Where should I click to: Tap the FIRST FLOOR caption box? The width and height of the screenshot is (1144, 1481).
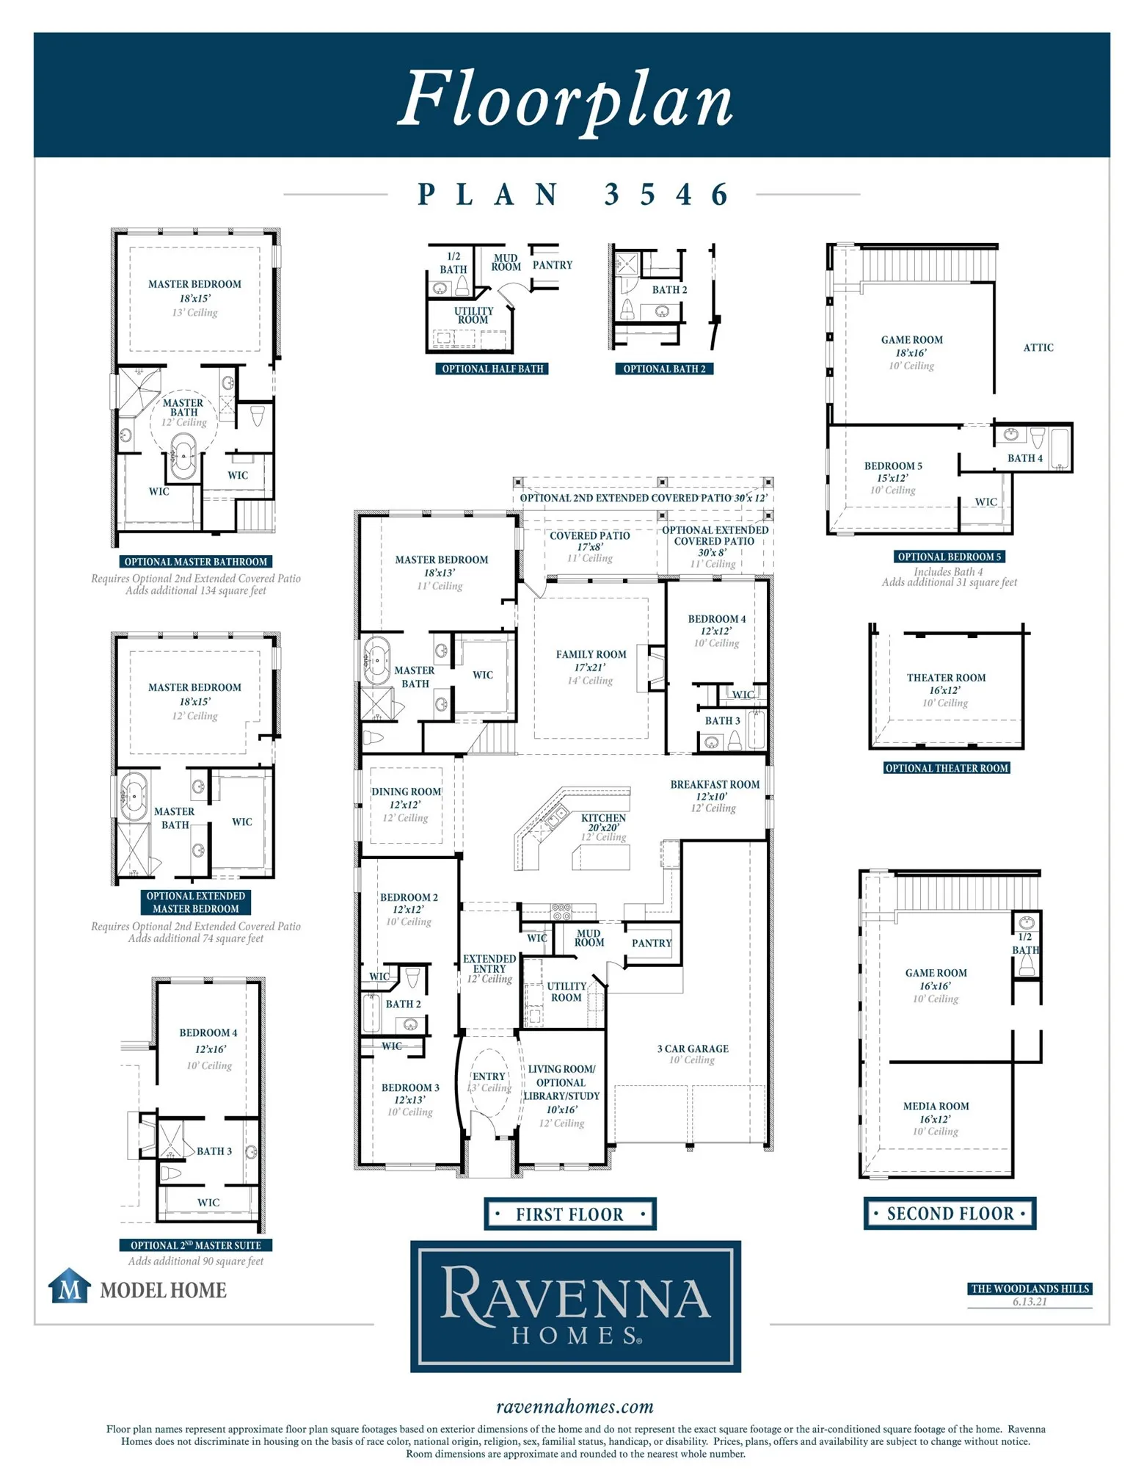pos(569,1213)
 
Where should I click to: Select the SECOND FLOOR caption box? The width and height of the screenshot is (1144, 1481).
pos(950,1212)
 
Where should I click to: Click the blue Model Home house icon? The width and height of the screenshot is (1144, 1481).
pos(70,1286)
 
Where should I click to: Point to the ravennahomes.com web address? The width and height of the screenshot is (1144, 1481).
pos(575,1406)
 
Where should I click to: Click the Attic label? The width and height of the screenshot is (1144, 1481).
pos(1038,347)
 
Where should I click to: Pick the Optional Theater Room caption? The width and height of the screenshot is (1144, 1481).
pos(947,768)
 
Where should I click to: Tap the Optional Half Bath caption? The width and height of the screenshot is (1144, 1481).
pos(492,369)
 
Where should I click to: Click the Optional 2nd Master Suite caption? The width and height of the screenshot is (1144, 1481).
pos(196,1245)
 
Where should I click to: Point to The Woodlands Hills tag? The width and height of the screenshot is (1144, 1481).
pos(1030,1289)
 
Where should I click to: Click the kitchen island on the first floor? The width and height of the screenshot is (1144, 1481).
pos(600,857)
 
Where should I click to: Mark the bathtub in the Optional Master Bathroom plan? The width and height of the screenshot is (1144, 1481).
pos(183,457)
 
